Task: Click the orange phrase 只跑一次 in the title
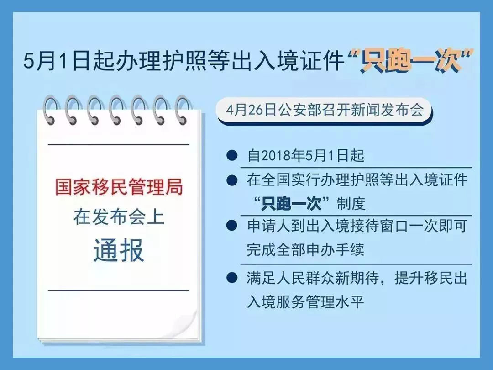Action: click(411, 61)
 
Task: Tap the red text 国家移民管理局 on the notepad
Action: click(119, 186)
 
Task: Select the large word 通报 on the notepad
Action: click(119, 250)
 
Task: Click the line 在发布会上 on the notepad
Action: click(119, 217)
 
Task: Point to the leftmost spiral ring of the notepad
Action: click(51, 110)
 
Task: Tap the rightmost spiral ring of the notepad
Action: click(183, 110)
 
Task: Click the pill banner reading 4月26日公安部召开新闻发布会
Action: click(325, 111)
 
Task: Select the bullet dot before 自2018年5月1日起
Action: click(232, 155)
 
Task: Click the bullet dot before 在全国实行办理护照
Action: click(232, 180)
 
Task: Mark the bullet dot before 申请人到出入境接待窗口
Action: click(232, 226)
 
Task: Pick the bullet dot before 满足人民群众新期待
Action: click(232, 278)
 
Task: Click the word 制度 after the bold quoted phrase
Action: click(351, 204)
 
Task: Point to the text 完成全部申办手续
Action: click(305, 249)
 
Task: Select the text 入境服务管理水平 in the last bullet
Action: click(305, 301)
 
